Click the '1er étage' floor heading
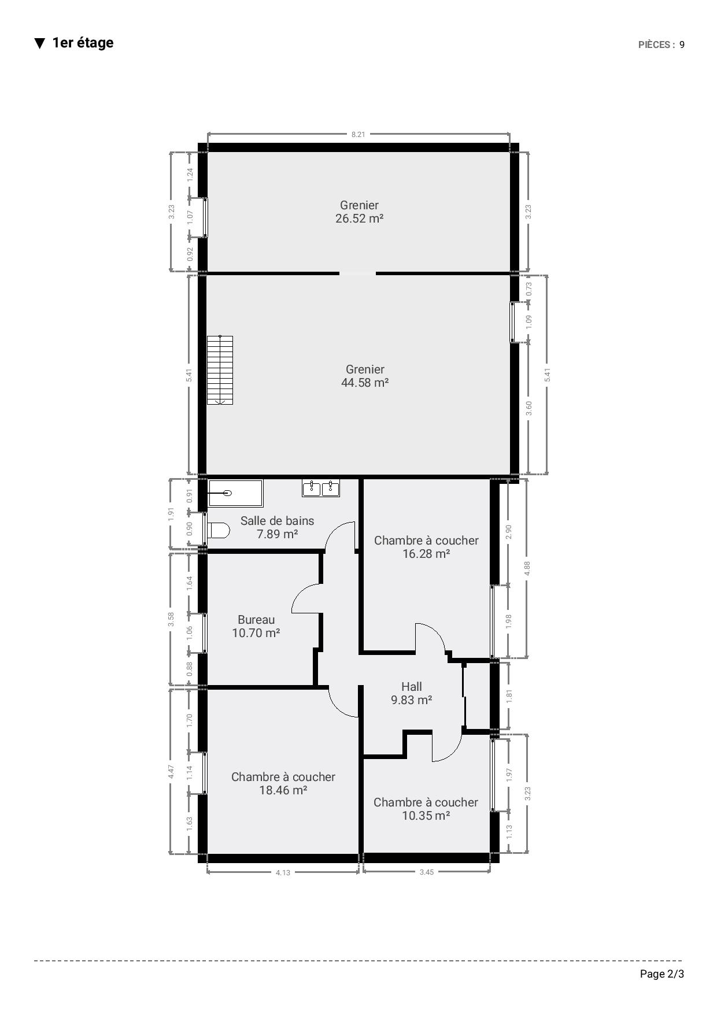coord(83,43)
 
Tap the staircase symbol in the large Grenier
coord(220,369)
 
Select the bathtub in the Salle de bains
coord(235,493)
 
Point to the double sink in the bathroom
coord(321,488)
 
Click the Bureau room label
coord(256,620)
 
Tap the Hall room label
coord(412,687)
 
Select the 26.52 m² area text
coord(360,219)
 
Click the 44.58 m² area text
coord(365,383)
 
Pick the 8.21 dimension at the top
coord(358,135)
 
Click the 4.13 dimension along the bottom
coord(283,872)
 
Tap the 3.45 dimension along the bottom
coord(426,872)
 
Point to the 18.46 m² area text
coord(283,790)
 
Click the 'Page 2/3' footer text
coord(662,974)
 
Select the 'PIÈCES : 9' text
coord(661,45)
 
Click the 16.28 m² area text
coord(426,554)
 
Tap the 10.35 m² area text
coord(426,816)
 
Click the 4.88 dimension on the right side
coord(527,568)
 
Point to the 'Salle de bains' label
coord(278,521)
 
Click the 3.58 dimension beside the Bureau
coord(171,620)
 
